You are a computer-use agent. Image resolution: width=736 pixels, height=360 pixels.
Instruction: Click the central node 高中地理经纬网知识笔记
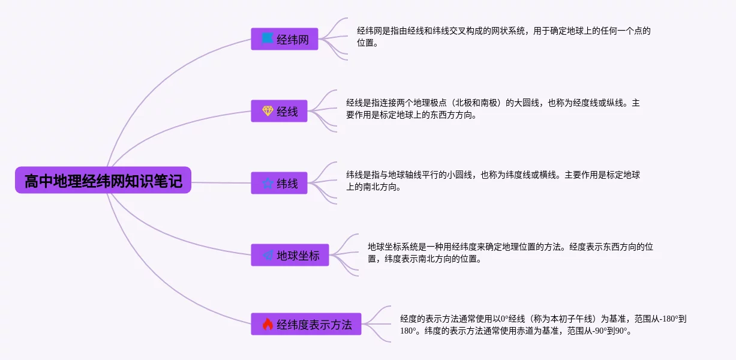tap(103, 180)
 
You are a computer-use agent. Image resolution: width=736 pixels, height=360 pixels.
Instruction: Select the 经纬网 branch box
tap(284, 39)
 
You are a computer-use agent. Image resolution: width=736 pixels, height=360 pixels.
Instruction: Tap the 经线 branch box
tap(280, 111)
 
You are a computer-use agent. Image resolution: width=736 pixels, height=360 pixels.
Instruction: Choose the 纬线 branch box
tap(280, 183)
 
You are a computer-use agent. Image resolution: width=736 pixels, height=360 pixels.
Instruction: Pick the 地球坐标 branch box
tap(290, 255)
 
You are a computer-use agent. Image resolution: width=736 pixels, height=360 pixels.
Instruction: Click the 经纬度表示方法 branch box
tap(307, 324)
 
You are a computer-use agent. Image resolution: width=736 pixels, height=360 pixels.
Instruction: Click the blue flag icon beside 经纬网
tap(268, 39)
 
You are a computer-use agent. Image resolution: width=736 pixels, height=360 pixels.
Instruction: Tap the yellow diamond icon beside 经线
tap(268, 111)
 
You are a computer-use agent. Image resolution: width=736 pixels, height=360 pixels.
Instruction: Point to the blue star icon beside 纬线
tap(268, 183)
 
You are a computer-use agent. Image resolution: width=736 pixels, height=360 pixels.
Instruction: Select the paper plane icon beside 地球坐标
tap(268, 255)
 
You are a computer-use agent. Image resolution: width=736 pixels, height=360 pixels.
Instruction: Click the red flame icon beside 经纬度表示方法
tap(268, 324)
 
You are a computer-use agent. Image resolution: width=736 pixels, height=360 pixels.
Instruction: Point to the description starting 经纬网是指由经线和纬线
tap(504, 37)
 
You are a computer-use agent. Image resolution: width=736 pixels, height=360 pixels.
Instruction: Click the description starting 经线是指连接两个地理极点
tap(493, 109)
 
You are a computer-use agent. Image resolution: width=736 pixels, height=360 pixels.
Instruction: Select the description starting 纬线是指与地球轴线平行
tap(493, 181)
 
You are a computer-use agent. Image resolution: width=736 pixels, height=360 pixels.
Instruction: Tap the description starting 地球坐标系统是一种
tap(510, 253)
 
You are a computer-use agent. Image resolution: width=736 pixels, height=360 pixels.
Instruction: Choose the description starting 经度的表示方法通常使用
tap(543, 325)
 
